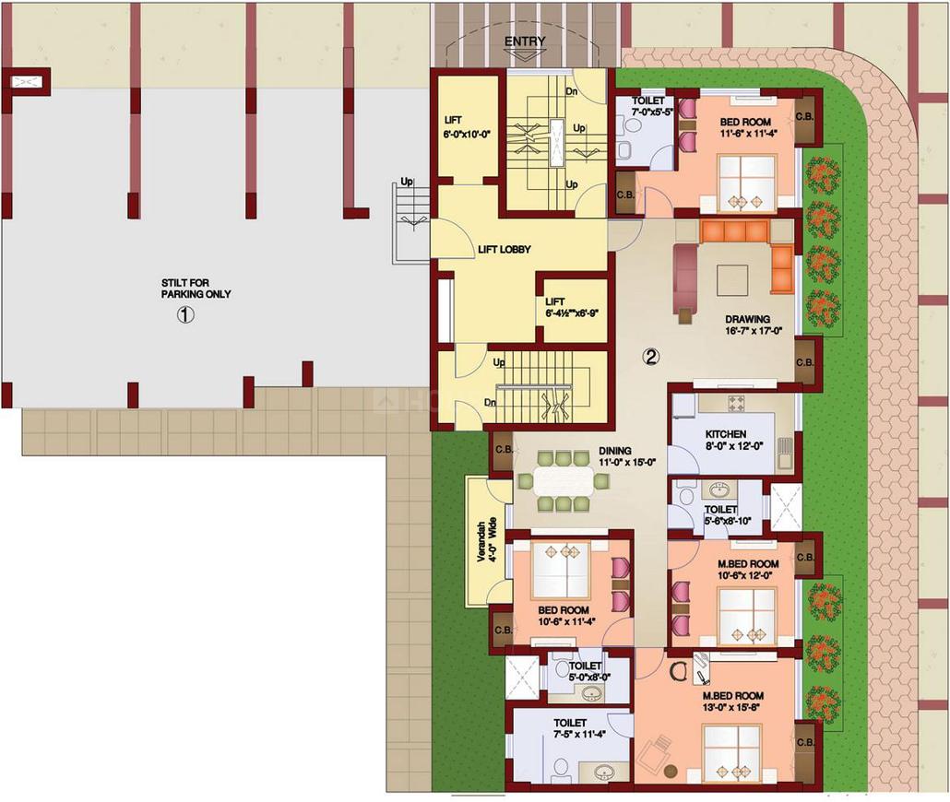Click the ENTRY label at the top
click(525, 41)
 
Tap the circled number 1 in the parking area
click(184, 315)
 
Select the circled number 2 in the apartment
click(650, 358)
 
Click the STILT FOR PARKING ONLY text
click(196, 289)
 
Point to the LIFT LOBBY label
click(505, 249)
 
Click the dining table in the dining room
click(564, 481)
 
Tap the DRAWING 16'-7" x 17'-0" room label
click(747, 324)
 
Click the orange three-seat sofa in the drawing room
click(735, 231)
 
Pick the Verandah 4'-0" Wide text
click(486, 540)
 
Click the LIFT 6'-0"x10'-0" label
click(466, 126)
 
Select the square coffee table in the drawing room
click(733, 280)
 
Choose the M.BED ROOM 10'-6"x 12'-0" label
click(747, 570)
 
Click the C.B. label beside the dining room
click(504, 450)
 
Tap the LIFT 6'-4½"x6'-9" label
click(571, 307)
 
